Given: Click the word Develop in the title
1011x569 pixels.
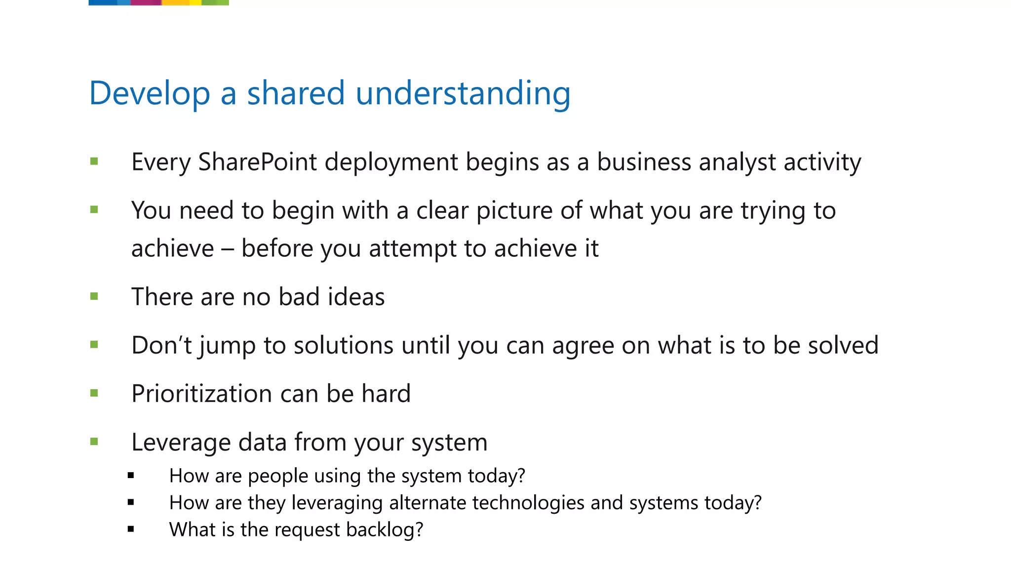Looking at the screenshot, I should coord(150,93).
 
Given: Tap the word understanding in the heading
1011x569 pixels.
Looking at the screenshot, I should coord(463,93).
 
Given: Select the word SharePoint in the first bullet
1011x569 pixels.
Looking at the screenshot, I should coord(257,162).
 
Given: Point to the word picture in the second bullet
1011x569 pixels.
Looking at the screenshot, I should coord(514,210).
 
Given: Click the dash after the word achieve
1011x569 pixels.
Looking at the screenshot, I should coord(227,248).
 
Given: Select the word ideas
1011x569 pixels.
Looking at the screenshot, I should coord(356,297).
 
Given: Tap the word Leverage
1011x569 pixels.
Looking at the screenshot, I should coord(181,442).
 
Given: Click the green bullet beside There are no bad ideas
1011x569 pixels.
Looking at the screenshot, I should coord(94,297).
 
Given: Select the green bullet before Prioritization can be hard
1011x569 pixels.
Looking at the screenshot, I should coord(94,394).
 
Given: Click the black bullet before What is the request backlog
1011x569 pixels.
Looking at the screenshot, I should coord(131,529).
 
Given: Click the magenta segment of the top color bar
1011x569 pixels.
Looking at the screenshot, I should coord(146,2).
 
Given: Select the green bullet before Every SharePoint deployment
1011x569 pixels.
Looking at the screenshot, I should coord(94,162).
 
